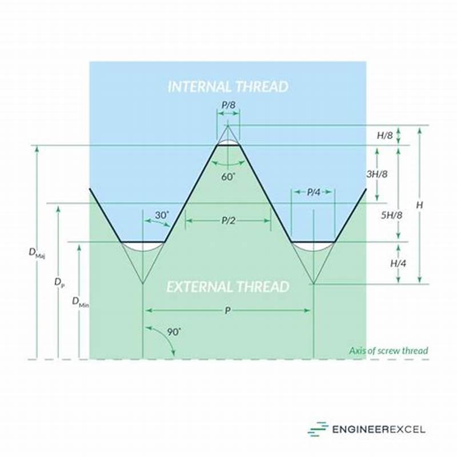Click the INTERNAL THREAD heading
click(228, 87)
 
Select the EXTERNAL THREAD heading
click(228, 286)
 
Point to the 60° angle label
click(228, 177)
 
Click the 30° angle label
click(162, 215)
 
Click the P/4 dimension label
click(313, 193)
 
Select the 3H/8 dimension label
click(378, 174)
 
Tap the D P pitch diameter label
click(59, 282)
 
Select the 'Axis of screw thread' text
click(388, 351)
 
